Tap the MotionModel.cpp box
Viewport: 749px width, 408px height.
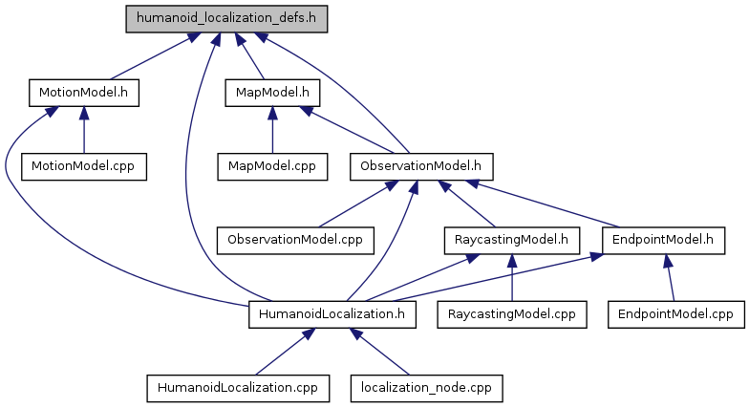[x=84, y=165]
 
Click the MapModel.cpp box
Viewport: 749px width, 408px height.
[x=272, y=165]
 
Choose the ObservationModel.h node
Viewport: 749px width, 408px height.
[x=420, y=165]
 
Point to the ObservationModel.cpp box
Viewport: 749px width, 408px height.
[x=295, y=239]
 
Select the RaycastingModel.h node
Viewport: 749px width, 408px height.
[x=511, y=239]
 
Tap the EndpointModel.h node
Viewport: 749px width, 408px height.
[x=663, y=239]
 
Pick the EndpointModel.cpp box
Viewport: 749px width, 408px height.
[x=675, y=312]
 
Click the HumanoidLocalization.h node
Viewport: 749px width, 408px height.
[x=332, y=312]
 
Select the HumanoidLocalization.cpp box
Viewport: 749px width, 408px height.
[x=238, y=387]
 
